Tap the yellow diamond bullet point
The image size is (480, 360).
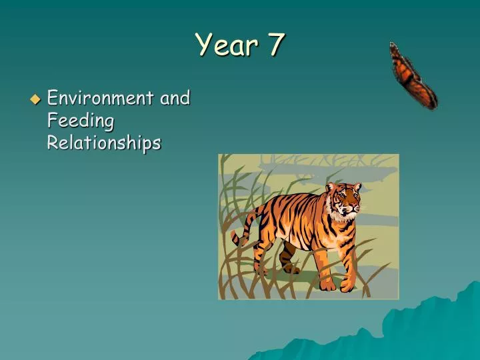point(35,99)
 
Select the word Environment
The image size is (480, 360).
point(100,98)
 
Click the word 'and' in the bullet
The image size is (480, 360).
point(175,98)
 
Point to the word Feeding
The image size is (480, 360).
point(81,121)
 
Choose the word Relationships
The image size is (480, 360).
point(104,143)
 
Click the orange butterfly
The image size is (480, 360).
point(413,75)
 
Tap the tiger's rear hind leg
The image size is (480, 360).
point(288,260)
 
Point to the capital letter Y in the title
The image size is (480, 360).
point(204,45)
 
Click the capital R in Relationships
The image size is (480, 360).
point(53,143)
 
